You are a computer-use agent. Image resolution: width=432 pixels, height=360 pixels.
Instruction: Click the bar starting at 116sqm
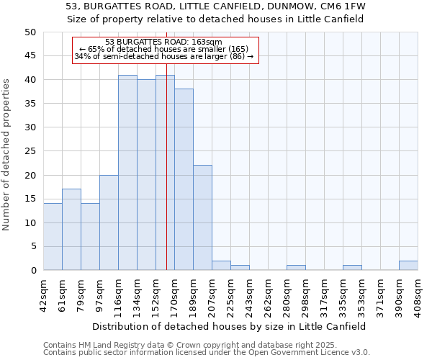point(127,173)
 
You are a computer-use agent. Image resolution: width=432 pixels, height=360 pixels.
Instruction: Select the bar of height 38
point(184,180)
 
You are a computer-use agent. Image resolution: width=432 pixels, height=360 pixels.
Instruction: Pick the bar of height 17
point(71,230)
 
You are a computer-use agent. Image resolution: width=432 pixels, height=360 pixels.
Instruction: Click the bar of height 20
point(109,222)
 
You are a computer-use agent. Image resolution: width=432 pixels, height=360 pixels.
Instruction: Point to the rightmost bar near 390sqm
point(408,266)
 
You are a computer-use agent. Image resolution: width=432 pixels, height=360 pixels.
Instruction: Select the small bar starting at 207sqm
point(221,266)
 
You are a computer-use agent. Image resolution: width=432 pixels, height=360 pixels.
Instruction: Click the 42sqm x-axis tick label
point(43,295)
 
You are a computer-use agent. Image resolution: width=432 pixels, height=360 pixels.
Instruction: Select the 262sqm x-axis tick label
point(268,295)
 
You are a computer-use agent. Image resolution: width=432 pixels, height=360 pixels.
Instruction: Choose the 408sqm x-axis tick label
point(418,295)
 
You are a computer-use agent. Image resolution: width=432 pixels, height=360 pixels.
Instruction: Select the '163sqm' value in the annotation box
point(207,42)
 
